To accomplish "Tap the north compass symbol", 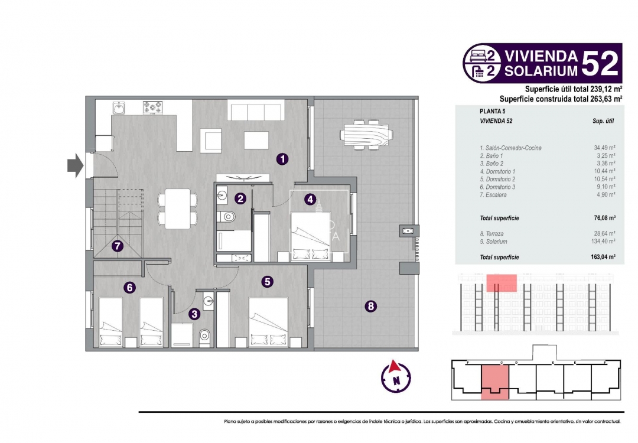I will pos(396,376).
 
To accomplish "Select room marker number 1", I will pos(283,159).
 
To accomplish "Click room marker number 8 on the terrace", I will pos(370,306).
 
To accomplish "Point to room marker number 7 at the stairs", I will pos(118,246).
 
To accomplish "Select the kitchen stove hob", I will pos(152,108).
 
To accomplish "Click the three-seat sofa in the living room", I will pos(256,110).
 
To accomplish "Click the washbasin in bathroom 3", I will pos(208,301).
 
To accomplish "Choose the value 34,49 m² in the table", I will pos(604,148).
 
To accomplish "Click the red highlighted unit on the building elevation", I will pos(502,283).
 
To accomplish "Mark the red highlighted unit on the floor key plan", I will pos(494,379).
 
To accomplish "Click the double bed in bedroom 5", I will pos(267,322).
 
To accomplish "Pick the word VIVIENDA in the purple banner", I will pos(540,56).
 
